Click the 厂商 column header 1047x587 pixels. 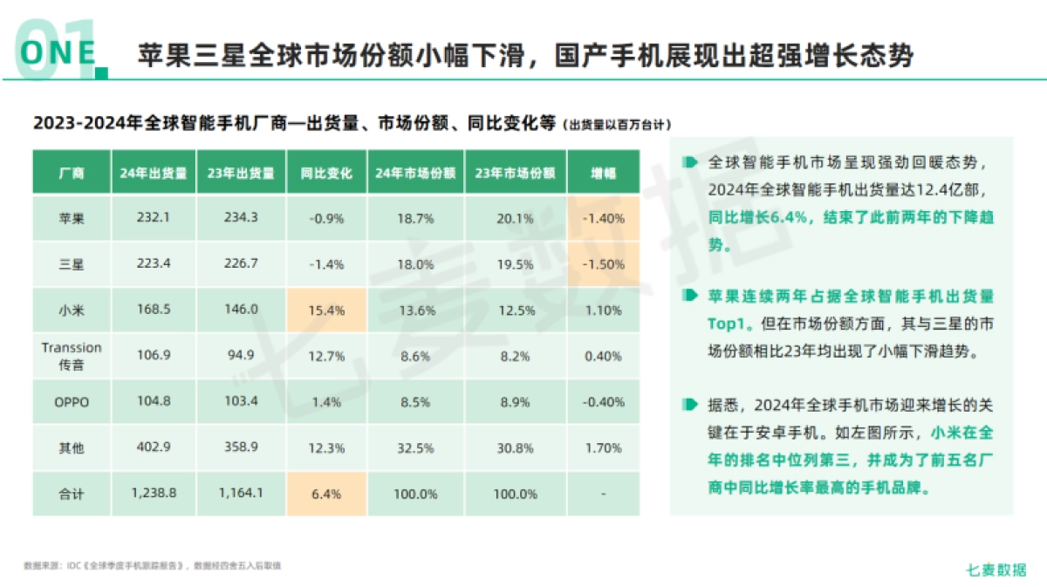pos(72,173)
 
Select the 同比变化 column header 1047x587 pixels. pos(326,173)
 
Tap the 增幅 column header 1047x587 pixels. pos(602,173)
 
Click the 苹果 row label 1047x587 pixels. pos(72,219)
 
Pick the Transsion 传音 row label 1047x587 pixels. pos(72,356)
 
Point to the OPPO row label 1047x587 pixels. pos(72,402)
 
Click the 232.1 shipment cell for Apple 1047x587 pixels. pos(154,219)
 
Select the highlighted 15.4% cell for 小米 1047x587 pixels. pos(326,311)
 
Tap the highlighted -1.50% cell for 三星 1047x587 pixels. pos(602,264)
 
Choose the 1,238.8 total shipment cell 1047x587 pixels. pos(154,493)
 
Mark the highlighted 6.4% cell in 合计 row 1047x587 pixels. pos(326,493)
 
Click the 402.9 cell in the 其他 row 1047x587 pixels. pos(154,447)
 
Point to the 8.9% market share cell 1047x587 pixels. pos(515,402)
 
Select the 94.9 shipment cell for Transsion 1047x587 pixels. pos(241,356)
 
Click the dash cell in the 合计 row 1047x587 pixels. pos(602,494)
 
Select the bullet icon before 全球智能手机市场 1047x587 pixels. pos(691,162)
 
